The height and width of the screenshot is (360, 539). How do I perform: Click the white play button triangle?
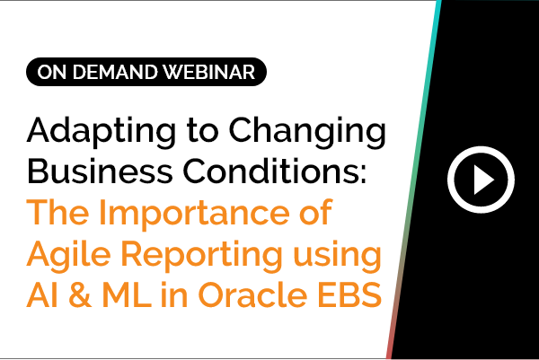click(x=483, y=180)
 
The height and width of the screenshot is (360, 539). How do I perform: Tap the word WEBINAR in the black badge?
click(x=209, y=72)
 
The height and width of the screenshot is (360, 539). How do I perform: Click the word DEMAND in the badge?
click(x=115, y=72)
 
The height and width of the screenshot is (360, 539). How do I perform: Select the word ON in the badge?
click(x=51, y=72)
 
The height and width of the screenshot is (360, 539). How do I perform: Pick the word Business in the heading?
click(x=100, y=171)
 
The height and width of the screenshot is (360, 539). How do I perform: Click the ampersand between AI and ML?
click(x=81, y=294)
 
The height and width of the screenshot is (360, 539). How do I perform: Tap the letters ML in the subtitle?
click(x=128, y=294)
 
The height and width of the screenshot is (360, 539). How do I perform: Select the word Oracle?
click(x=252, y=294)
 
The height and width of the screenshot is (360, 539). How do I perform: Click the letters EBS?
click(x=349, y=294)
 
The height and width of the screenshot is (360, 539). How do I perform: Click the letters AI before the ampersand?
click(x=42, y=294)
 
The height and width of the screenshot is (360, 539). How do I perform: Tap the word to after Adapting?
click(x=202, y=131)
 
